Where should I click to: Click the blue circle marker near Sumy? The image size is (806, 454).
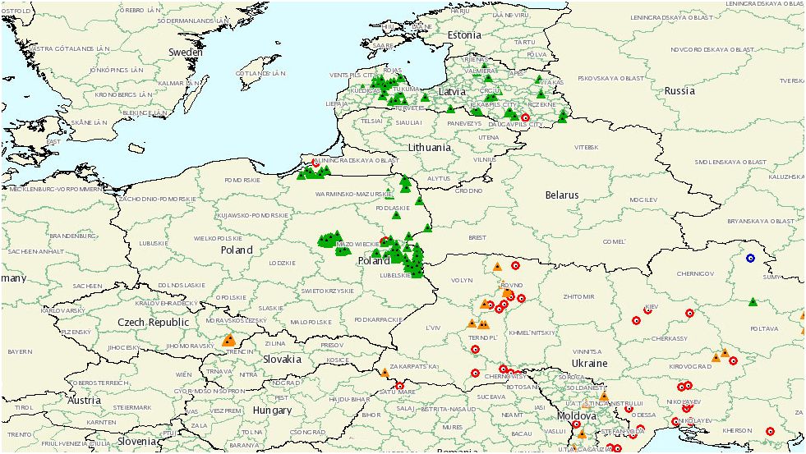(x=749, y=258)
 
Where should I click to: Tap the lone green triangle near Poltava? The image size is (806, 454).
(x=753, y=302)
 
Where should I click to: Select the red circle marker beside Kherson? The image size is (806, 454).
(x=770, y=431)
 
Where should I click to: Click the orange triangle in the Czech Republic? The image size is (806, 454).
(x=229, y=339)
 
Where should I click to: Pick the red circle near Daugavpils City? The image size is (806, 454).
(x=525, y=117)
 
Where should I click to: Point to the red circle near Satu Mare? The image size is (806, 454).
(x=400, y=386)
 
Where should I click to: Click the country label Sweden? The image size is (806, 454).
(x=185, y=52)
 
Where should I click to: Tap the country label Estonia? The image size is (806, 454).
(x=464, y=35)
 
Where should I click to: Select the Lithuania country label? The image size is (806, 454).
(x=429, y=148)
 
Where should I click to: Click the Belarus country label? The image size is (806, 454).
(x=562, y=195)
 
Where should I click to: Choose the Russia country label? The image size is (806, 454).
(x=679, y=91)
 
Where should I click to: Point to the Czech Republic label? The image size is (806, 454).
(x=153, y=323)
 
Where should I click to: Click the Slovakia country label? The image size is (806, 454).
(x=282, y=360)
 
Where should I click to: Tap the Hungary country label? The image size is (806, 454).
(x=272, y=410)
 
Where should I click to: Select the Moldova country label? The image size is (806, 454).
(x=577, y=416)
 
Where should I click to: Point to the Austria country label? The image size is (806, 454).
(x=84, y=401)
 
